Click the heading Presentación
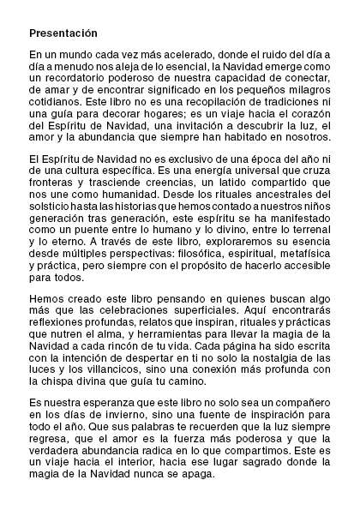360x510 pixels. (x=64, y=33)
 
